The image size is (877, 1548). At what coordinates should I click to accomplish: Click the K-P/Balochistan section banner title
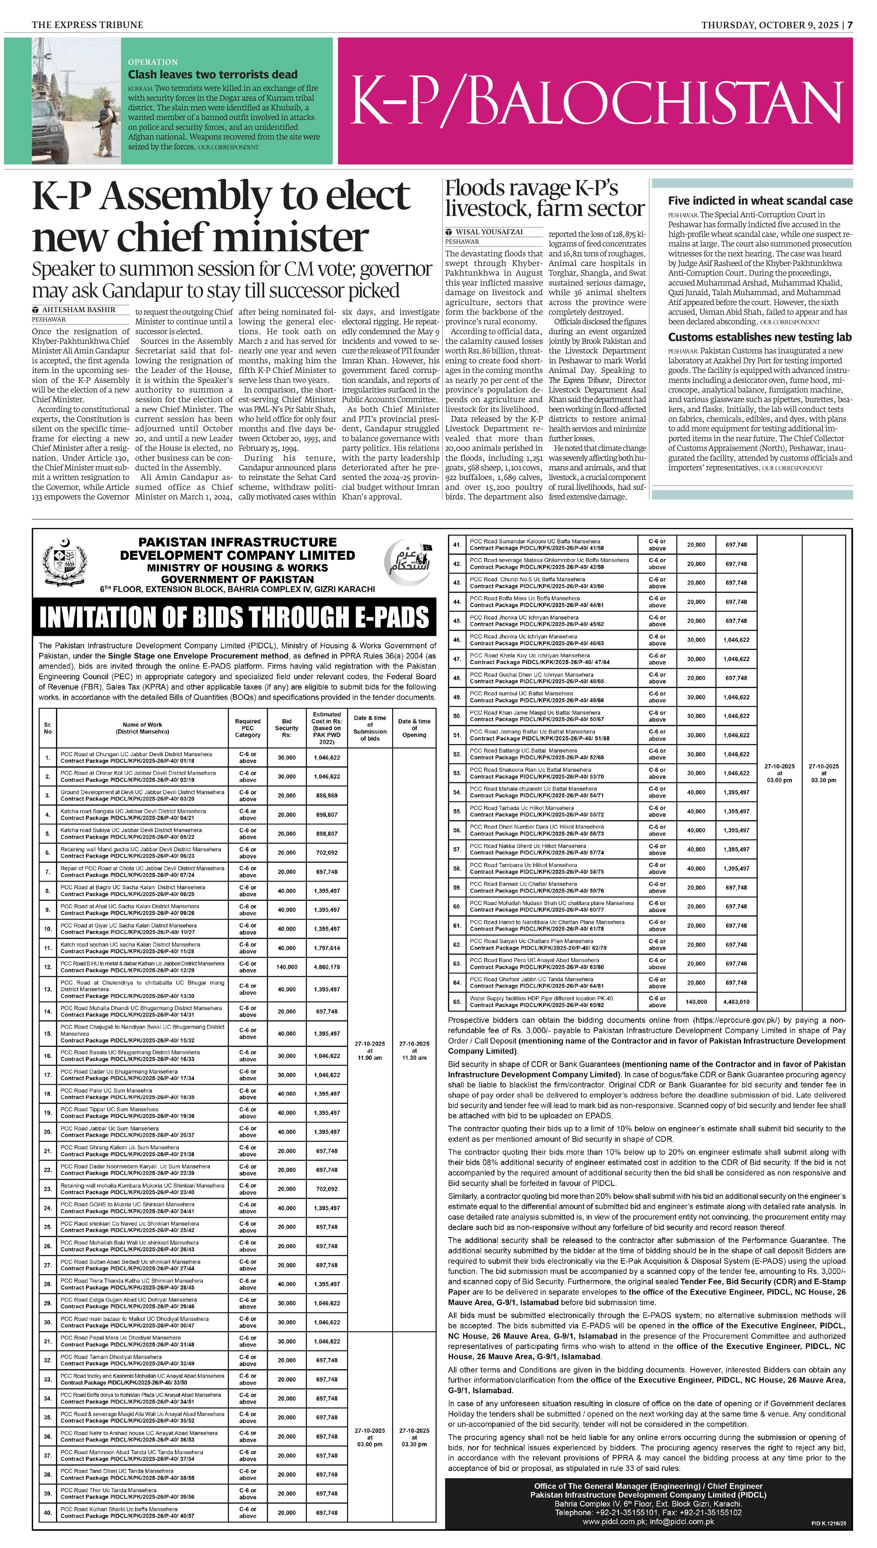[x=595, y=101]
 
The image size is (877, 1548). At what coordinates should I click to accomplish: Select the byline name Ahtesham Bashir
[x=78, y=310]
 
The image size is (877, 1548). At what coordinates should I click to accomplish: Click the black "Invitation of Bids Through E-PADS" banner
[x=234, y=617]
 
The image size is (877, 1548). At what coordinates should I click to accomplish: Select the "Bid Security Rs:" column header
[x=287, y=728]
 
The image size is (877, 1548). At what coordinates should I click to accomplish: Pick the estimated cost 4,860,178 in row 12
[x=326, y=967]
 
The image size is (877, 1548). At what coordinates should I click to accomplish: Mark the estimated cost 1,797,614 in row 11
[x=326, y=948]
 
